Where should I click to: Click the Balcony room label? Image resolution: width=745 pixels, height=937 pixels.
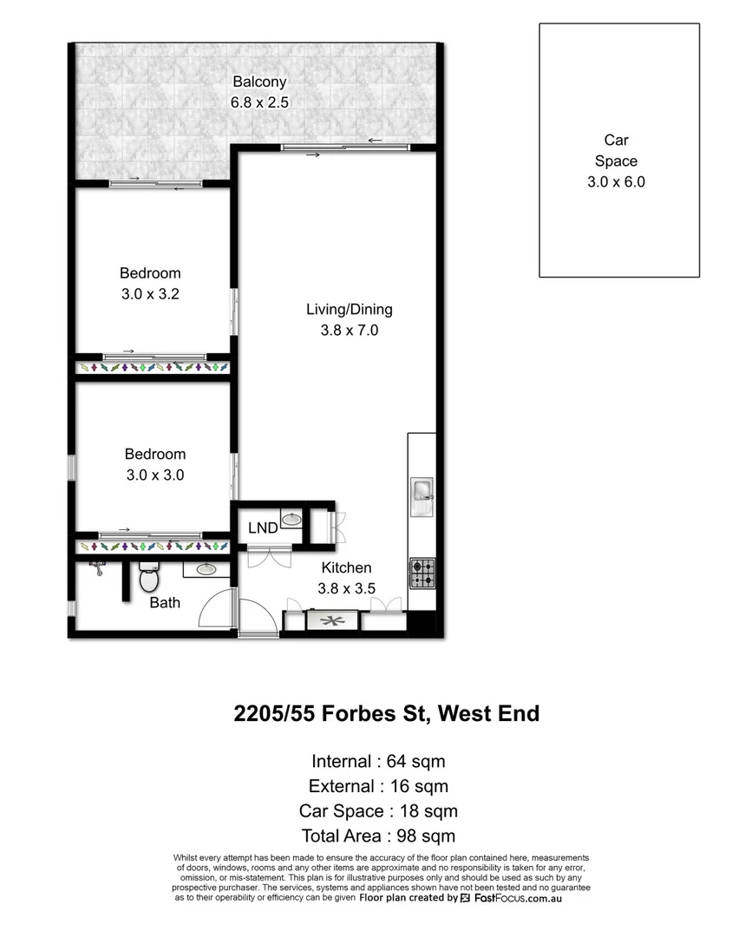pos(258,82)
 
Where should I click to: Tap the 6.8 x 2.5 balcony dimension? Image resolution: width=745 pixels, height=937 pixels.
pos(258,102)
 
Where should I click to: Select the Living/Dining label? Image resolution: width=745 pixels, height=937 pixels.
pos(349,310)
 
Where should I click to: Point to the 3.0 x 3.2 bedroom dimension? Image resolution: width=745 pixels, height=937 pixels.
pos(150,294)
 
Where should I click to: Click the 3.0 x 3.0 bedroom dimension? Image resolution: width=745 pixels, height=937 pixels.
pos(154,475)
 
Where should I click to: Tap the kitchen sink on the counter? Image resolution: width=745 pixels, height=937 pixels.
pos(422,491)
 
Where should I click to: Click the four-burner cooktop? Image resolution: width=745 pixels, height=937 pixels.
pos(422,573)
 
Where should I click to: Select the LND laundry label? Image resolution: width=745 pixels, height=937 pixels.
pos(263,528)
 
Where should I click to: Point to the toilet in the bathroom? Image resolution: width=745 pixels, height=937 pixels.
pos(149,576)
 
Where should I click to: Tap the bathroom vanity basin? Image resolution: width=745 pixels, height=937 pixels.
pos(206,570)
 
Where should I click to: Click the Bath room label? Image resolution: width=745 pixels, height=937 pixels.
pos(165,602)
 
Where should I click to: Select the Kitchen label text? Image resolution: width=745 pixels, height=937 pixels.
pos(346,568)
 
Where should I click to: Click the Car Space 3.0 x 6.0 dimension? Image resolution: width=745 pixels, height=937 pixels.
pos(618,182)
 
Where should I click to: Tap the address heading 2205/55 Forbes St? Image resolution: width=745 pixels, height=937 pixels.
pos(387,714)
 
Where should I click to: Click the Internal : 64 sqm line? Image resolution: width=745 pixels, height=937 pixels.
pos(378,762)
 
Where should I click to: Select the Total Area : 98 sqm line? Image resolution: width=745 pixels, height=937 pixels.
pos(378,836)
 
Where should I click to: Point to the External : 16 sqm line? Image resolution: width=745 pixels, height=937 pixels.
pos(378,787)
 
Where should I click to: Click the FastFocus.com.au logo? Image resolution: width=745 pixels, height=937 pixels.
pos(511,899)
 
